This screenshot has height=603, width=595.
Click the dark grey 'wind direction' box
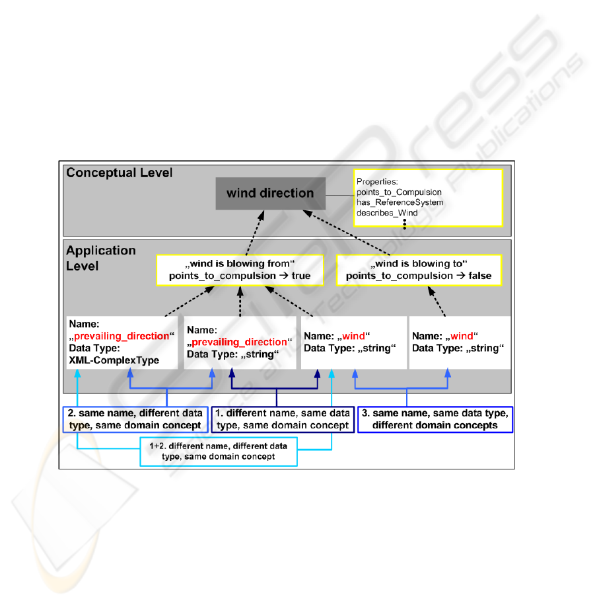270,194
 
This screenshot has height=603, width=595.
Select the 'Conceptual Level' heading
119,173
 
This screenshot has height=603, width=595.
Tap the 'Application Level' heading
100,258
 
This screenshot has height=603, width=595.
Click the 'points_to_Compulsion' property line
399,192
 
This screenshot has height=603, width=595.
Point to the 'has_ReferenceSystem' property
400,202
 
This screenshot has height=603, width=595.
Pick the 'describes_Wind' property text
387,213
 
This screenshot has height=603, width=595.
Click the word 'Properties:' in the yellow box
377,182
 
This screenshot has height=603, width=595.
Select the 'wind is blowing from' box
240,270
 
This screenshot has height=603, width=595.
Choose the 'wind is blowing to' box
419,270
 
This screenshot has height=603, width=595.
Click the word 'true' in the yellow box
300,276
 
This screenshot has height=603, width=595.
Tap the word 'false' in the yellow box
480,276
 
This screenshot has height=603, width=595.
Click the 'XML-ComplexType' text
114,360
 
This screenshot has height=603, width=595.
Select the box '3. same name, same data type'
435,420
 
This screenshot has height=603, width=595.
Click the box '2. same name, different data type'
135,420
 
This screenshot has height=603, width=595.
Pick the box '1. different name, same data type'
283,420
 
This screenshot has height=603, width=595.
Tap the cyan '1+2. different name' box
218,452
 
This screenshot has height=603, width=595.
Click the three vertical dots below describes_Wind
404,224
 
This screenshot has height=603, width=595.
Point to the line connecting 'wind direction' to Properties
339,195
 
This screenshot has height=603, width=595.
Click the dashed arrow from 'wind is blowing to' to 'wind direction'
346,233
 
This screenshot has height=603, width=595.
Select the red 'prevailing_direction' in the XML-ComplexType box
122,336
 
